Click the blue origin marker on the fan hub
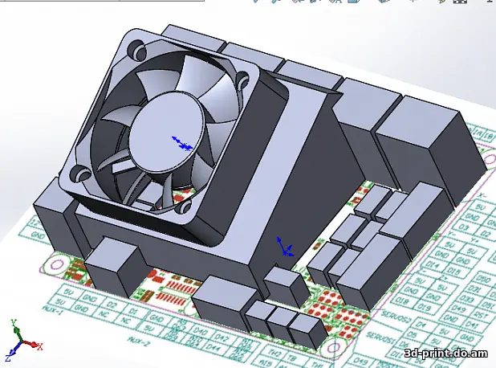click(x=182, y=145)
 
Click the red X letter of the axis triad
click(x=39, y=346)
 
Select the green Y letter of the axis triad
click(x=14, y=324)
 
